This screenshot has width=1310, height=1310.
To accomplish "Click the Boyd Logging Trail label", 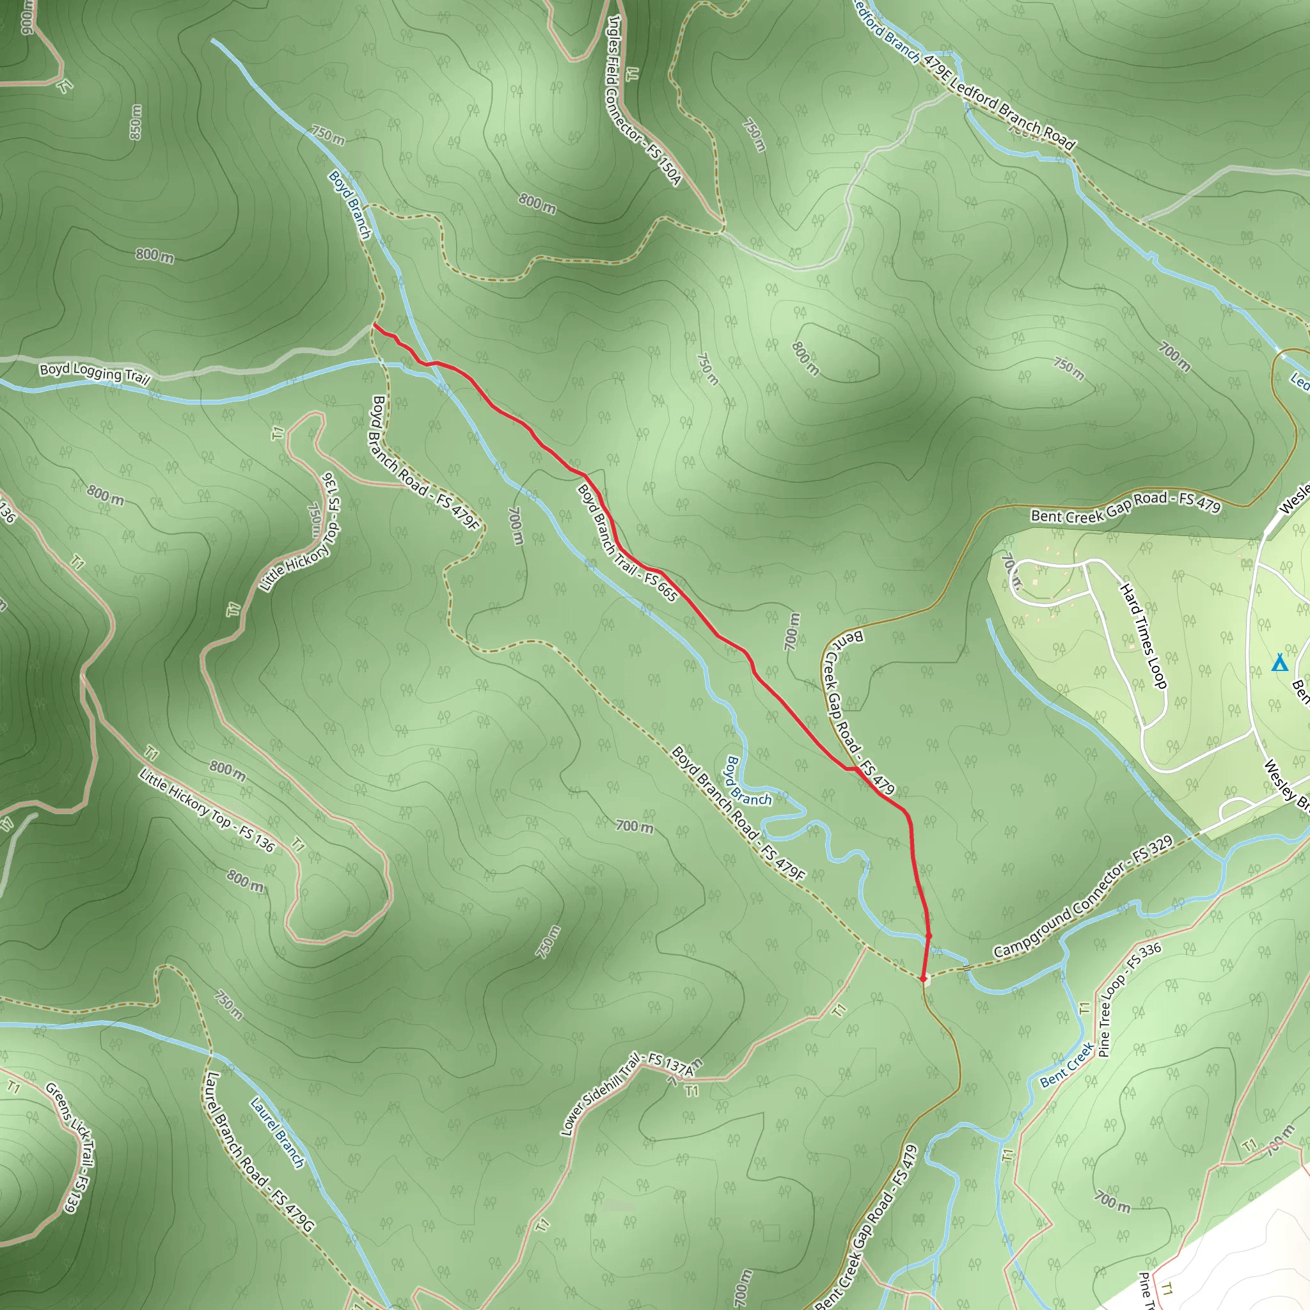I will [94, 372].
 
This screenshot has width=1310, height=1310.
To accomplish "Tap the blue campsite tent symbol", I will [1279, 663].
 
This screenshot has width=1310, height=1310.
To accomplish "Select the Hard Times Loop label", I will [1144, 636].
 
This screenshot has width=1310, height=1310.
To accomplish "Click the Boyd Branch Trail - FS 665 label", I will [627, 542].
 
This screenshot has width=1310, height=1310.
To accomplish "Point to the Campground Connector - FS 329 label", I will [1083, 897].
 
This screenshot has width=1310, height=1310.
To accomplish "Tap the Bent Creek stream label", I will [1066, 1064].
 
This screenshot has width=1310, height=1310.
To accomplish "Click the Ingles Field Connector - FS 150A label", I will [643, 100].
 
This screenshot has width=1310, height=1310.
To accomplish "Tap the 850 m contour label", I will [136, 122].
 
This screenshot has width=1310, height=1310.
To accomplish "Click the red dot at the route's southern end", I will [923, 979].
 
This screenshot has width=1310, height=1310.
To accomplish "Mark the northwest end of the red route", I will [374, 326].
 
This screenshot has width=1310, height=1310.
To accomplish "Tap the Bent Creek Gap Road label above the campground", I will [1126, 507].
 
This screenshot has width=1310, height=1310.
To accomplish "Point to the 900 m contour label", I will [26, 17].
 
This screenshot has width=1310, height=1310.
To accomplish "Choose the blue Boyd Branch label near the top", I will [350, 204].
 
